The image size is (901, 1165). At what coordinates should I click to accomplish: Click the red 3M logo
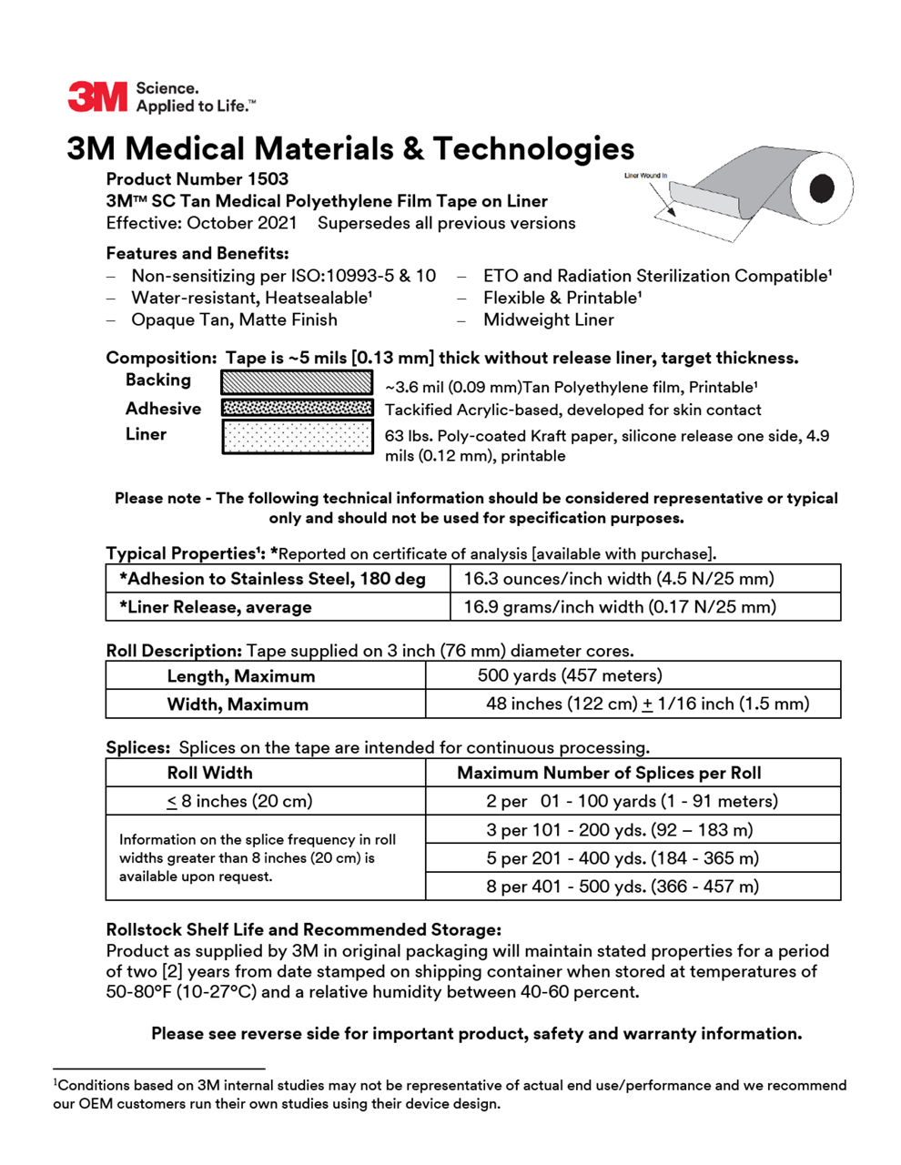pyautogui.click(x=97, y=96)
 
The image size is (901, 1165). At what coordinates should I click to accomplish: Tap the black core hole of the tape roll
pyautogui.click(x=822, y=188)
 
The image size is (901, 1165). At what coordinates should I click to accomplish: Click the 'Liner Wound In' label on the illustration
pyautogui.click(x=645, y=176)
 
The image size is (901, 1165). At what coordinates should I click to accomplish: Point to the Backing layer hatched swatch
pyautogui.click(x=297, y=382)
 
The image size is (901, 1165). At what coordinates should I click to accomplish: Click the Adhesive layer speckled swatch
pyautogui.click(x=297, y=409)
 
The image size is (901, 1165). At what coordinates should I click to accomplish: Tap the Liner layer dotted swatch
pyautogui.click(x=297, y=437)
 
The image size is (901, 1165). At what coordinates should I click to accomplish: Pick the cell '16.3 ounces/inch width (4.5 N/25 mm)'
pyautogui.click(x=619, y=579)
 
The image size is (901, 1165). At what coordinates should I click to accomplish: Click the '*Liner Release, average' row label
pyautogui.click(x=215, y=607)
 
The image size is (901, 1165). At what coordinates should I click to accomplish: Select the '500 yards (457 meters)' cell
pyautogui.click(x=570, y=675)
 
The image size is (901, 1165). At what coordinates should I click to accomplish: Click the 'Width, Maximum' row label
pyautogui.click(x=238, y=704)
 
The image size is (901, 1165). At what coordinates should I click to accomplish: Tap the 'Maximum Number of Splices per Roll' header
pyautogui.click(x=609, y=773)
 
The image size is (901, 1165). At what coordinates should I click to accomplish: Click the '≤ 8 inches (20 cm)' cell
pyautogui.click(x=239, y=801)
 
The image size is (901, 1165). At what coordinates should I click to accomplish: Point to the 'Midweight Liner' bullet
pyautogui.click(x=548, y=319)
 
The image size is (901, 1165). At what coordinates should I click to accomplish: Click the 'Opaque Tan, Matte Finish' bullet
pyautogui.click(x=234, y=319)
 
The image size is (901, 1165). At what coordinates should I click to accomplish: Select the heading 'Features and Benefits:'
pyautogui.click(x=197, y=253)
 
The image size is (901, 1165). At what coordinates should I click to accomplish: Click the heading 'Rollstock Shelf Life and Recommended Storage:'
pyautogui.click(x=303, y=929)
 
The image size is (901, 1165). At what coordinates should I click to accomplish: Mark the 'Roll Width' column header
pyautogui.click(x=209, y=773)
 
